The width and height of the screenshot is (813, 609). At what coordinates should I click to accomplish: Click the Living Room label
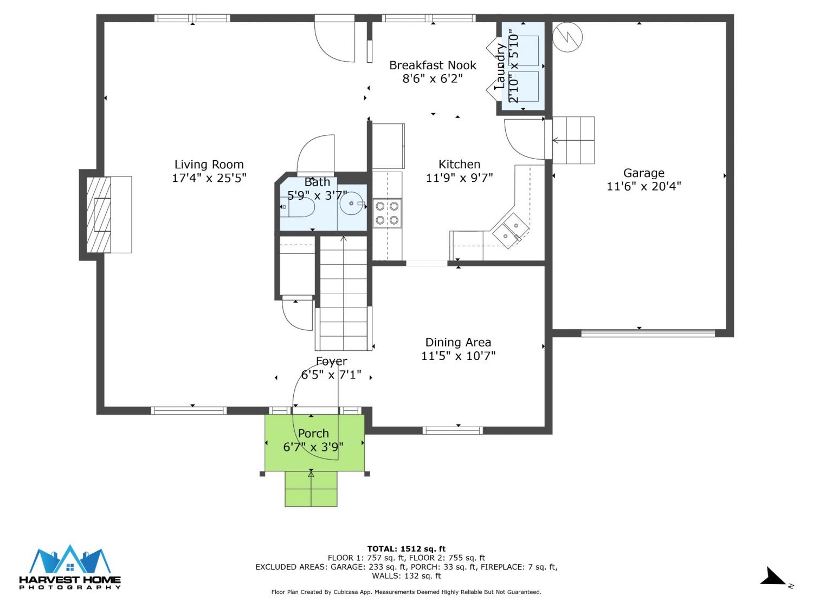click(x=209, y=165)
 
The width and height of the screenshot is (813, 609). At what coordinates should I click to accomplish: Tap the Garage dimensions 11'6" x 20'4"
click(x=644, y=186)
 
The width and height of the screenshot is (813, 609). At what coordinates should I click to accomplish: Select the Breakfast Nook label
click(x=433, y=65)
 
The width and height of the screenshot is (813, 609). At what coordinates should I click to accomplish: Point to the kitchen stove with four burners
click(x=387, y=213)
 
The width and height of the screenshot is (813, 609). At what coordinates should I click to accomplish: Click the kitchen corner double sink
click(x=511, y=230)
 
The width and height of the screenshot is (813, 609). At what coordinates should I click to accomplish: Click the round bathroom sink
click(x=352, y=204)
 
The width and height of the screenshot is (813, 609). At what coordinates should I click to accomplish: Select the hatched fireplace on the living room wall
click(x=99, y=214)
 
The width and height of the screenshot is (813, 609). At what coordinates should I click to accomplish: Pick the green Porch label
click(x=313, y=433)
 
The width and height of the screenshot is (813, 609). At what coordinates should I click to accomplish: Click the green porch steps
click(x=311, y=488)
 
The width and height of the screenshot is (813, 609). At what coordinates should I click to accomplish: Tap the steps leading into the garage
click(x=573, y=140)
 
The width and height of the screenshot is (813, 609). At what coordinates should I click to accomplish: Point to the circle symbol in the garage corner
click(x=567, y=37)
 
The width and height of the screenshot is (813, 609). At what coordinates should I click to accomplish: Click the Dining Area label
click(x=458, y=342)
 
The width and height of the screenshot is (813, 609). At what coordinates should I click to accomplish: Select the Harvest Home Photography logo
click(x=70, y=567)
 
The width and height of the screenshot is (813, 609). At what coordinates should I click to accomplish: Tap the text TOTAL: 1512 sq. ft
click(x=406, y=549)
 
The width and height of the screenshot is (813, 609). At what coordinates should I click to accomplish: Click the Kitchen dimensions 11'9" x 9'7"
click(x=459, y=178)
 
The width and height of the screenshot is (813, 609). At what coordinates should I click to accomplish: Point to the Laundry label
click(x=500, y=66)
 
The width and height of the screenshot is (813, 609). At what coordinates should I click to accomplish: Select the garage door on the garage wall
click(x=648, y=333)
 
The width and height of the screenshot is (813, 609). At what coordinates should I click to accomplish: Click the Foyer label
click(x=332, y=361)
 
